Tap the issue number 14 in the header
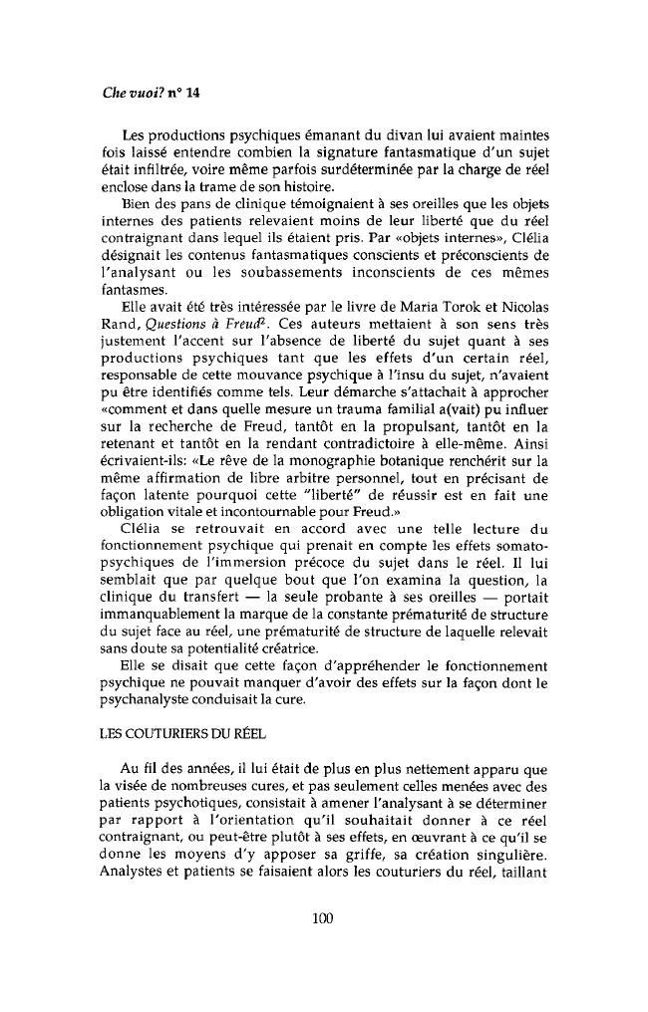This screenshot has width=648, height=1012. [193, 93]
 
